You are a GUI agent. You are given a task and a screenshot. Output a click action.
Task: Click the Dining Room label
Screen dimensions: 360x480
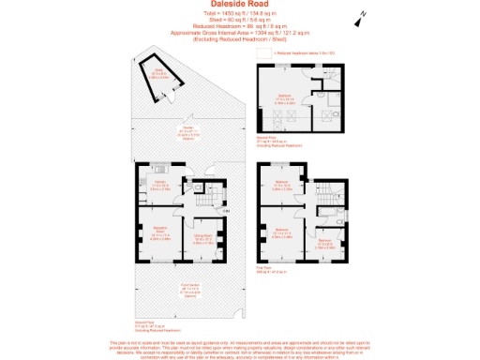click(203, 240)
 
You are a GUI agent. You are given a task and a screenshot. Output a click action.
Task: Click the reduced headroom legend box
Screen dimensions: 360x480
click(271, 54)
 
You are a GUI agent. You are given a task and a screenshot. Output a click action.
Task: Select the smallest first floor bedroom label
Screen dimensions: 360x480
click(324, 243)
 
